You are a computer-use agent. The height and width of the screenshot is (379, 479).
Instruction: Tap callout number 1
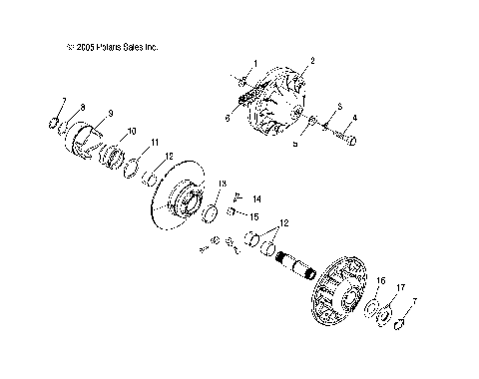point(254,63)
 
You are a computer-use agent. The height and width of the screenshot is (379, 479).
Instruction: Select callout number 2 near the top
point(312,61)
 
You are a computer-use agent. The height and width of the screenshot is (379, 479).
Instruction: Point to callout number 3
point(339,105)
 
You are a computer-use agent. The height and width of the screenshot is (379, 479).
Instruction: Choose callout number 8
point(82,106)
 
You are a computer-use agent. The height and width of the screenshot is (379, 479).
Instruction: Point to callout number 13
point(223,184)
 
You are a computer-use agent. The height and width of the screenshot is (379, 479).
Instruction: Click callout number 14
point(256,199)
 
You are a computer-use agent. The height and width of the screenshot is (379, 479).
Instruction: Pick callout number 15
point(254,216)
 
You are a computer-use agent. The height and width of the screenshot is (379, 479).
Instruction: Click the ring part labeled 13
point(211,213)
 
